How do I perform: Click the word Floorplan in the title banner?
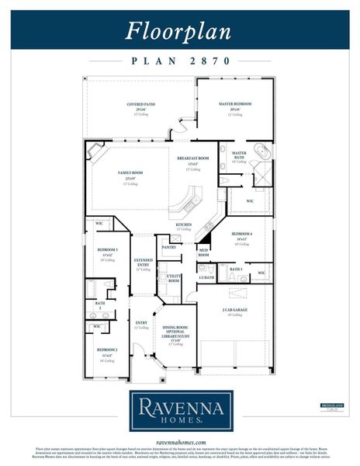click(x=179, y=30)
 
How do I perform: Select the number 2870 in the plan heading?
click(x=209, y=60)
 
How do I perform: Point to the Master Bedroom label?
click(x=234, y=105)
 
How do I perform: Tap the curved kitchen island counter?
click(x=187, y=203)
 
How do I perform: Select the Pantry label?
click(x=168, y=247)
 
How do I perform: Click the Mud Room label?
click(x=203, y=252)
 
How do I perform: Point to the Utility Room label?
click(x=174, y=278)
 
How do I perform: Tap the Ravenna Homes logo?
click(x=179, y=409)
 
